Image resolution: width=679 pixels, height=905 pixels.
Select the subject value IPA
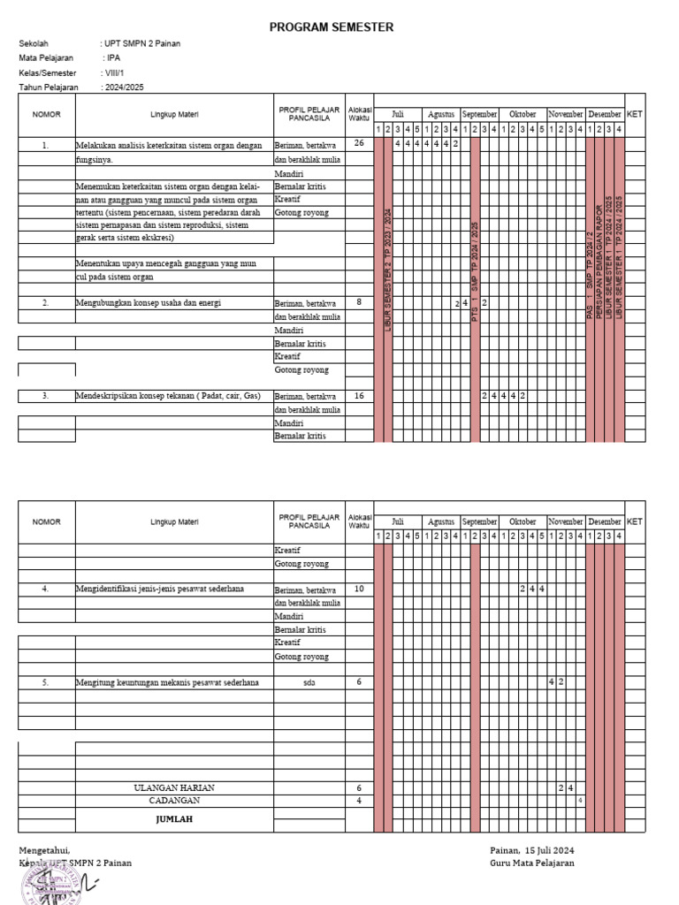click(x=113, y=57)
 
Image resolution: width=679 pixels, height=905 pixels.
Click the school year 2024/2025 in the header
click(x=124, y=87)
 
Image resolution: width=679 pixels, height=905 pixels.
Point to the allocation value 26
click(x=359, y=143)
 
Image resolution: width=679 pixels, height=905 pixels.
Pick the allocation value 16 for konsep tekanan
click(x=359, y=396)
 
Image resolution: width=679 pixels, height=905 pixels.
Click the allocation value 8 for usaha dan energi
click(x=359, y=302)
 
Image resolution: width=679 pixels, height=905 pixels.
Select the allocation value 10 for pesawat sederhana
click(x=359, y=588)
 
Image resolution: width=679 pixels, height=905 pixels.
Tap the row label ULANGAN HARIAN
click(x=174, y=787)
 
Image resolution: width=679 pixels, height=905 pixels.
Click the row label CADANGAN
click(x=174, y=801)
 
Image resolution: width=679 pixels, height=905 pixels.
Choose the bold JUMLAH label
click(x=174, y=819)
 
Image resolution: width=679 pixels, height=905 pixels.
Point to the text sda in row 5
click(x=309, y=683)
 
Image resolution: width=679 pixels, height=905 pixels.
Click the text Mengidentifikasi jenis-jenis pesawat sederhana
click(x=160, y=589)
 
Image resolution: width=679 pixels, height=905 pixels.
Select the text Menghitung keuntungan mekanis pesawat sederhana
click(x=167, y=683)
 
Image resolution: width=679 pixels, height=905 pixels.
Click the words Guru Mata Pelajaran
click(x=531, y=863)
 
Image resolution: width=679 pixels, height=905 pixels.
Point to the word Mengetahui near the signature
click(x=44, y=849)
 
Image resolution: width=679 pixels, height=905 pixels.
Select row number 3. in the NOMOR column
click(x=46, y=397)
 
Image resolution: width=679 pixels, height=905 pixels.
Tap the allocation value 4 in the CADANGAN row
click(x=359, y=801)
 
